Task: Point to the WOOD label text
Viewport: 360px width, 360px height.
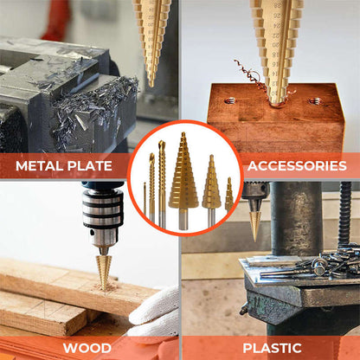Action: point(87,349)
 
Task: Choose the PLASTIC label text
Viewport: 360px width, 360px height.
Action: point(272,349)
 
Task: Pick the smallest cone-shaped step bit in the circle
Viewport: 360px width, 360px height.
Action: point(228,196)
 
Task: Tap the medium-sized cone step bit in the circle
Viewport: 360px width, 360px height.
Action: point(211,186)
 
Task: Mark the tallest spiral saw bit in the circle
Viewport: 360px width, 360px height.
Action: point(162,182)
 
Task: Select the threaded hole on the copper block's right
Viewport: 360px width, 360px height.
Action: point(315,101)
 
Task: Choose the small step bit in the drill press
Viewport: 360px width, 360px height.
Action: point(254,221)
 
